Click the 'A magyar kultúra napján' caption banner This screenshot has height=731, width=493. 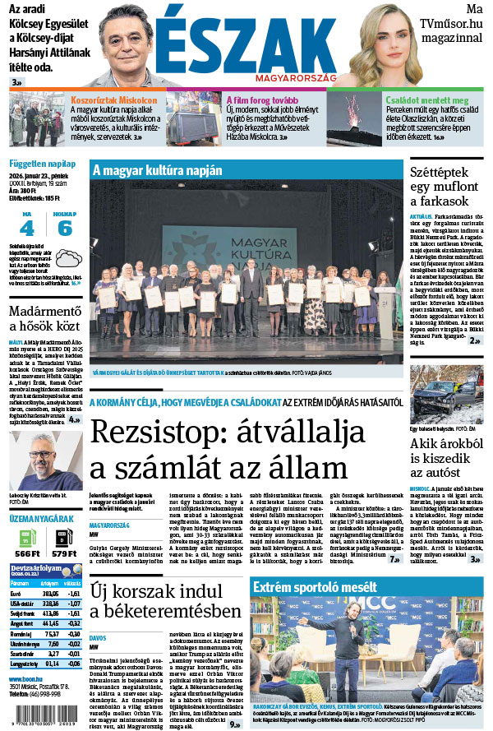pos(157,170)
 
